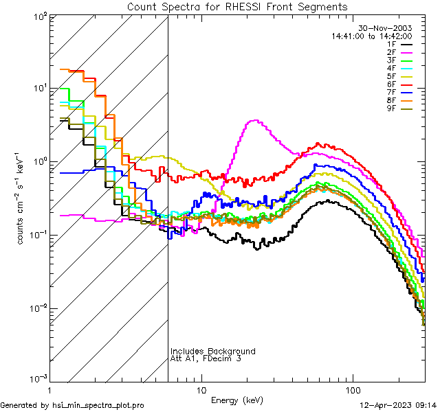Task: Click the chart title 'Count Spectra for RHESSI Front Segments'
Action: tap(237, 6)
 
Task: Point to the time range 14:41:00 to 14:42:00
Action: tap(371, 36)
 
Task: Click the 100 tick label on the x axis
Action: tap(353, 389)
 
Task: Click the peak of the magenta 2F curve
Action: tap(255, 121)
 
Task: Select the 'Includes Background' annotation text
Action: tap(212, 351)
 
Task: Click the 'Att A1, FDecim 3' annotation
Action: tap(206, 358)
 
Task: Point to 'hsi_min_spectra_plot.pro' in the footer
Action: tap(98, 405)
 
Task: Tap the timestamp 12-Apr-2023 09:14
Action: tap(398, 405)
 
